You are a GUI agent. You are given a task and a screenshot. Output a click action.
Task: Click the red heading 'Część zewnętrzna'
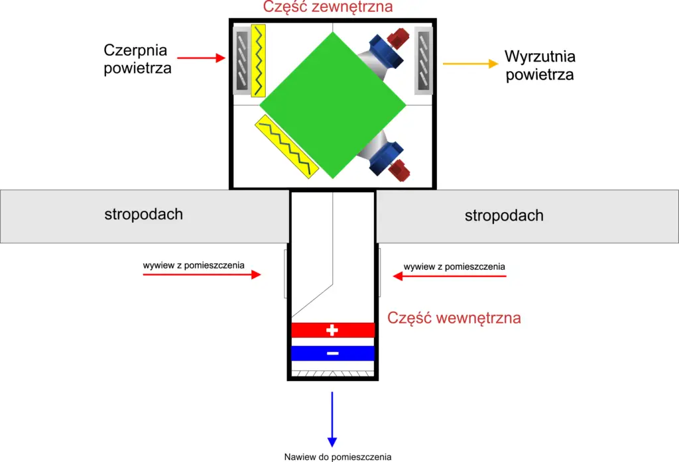click(328, 7)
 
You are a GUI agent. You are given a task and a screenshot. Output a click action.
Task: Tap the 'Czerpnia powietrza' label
click(138, 59)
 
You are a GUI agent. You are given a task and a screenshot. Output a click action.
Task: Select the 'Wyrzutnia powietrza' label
click(539, 65)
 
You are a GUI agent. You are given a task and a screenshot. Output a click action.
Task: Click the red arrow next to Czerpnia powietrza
click(212, 58)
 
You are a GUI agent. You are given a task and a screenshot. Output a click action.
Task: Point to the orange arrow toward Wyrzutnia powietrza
click(470, 64)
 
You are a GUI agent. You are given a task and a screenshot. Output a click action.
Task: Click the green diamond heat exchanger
click(332, 105)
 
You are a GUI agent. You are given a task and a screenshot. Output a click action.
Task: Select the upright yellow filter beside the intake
click(259, 60)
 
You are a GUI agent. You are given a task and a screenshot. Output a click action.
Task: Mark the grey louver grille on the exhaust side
click(424, 60)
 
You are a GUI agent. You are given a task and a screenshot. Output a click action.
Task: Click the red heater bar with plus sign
click(333, 329)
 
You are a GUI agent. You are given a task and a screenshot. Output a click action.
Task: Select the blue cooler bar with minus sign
click(333, 353)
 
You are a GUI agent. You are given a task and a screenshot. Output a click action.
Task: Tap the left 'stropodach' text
click(143, 214)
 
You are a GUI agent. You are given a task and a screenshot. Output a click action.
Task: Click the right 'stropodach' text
click(504, 215)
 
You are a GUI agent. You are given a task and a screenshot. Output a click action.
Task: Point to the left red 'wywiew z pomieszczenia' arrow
click(202, 274)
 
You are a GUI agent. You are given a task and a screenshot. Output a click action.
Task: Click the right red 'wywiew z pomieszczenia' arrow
click(450, 276)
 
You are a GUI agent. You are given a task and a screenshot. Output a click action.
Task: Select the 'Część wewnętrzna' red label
click(454, 318)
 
